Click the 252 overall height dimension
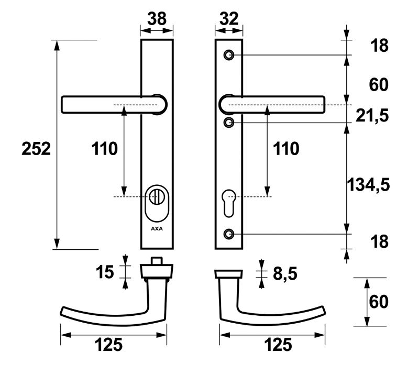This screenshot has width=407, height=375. (x=36, y=149)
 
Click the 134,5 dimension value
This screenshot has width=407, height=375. (x=369, y=184)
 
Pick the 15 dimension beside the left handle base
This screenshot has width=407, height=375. (x=105, y=272)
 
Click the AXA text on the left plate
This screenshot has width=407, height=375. (x=157, y=229)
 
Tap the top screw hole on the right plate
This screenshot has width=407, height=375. (x=229, y=55)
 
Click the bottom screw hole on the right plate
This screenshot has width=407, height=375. (x=229, y=233)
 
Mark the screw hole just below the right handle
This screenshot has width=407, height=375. (x=229, y=123)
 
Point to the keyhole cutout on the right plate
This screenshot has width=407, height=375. (x=229, y=202)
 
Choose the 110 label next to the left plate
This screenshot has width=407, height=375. (x=105, y=149)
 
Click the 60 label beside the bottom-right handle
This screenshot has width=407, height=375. (x=379, y=303)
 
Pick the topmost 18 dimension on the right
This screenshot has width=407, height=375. (x=379, y=46)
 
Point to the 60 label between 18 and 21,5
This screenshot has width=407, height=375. (x=379, y=84)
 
